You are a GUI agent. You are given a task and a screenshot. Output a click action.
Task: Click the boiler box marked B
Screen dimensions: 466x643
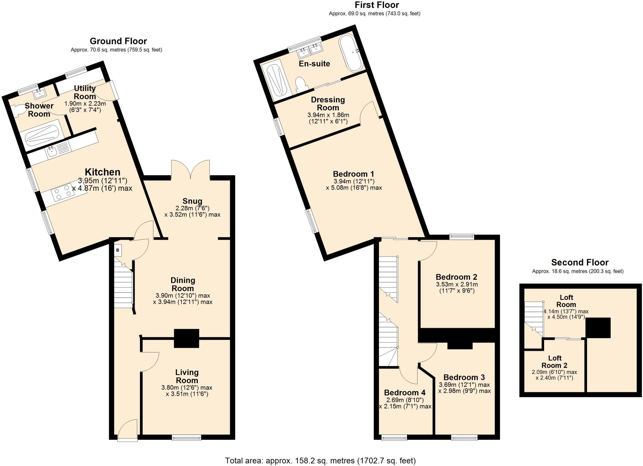tap(118, 250)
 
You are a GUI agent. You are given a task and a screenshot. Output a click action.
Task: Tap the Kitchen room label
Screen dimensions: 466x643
tap(103, 172)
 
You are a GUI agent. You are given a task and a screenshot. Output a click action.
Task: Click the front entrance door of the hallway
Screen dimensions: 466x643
tap(127, 430)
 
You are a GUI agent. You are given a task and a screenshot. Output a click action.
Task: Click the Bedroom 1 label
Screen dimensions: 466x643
tap(354, 174)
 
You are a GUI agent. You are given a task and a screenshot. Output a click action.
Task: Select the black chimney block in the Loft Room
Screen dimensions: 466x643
tap(598, 328)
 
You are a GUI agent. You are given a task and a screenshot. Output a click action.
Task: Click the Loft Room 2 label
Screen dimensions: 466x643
tap(554, 362)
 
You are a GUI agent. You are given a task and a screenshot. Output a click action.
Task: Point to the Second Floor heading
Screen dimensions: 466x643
tap(580, 262)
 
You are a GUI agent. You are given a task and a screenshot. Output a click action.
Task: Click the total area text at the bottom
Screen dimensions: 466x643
tap(320, 460)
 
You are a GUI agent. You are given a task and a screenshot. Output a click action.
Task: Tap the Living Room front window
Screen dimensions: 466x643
tap(186, 437)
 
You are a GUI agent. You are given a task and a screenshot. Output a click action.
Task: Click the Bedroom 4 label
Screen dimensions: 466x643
tap(405, 393)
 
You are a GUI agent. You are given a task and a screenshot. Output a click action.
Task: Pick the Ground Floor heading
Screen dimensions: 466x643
tap(118, 41)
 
